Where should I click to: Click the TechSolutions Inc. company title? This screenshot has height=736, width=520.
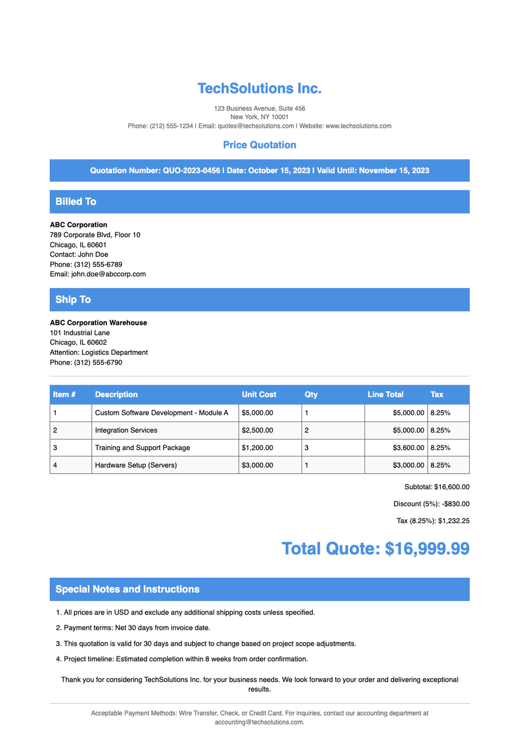coord(260,88)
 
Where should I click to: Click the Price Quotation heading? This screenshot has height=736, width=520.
coord(260,145)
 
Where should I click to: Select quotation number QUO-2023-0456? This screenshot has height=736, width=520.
coord(191,170)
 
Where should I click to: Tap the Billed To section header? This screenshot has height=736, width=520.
coord(76,202)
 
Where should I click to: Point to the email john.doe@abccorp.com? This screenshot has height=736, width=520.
coord(108,274)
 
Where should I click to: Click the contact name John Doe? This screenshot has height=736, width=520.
coord(93,255)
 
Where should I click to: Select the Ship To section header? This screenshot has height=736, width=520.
coord(73,300)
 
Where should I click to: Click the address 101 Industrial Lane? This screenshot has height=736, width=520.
coord(80,333)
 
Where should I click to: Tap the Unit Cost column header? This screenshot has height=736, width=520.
coord(259,395)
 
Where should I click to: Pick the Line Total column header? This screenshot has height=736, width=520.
coord(385,395)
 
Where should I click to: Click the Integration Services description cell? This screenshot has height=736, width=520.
coord(126,430)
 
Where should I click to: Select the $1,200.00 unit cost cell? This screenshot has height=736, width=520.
coord(257,448)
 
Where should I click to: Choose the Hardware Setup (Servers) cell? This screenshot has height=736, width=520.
coord(136,465)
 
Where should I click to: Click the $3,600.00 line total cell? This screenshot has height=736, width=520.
coord(408,448)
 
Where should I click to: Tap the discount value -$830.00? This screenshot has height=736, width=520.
coord(451,504)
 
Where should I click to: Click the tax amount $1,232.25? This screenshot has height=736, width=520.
coord(454,521)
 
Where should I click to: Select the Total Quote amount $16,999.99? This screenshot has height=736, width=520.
coord(427,549)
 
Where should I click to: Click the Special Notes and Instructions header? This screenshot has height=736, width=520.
coord(127,589)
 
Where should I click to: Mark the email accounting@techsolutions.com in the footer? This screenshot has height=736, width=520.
coord(259,722)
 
